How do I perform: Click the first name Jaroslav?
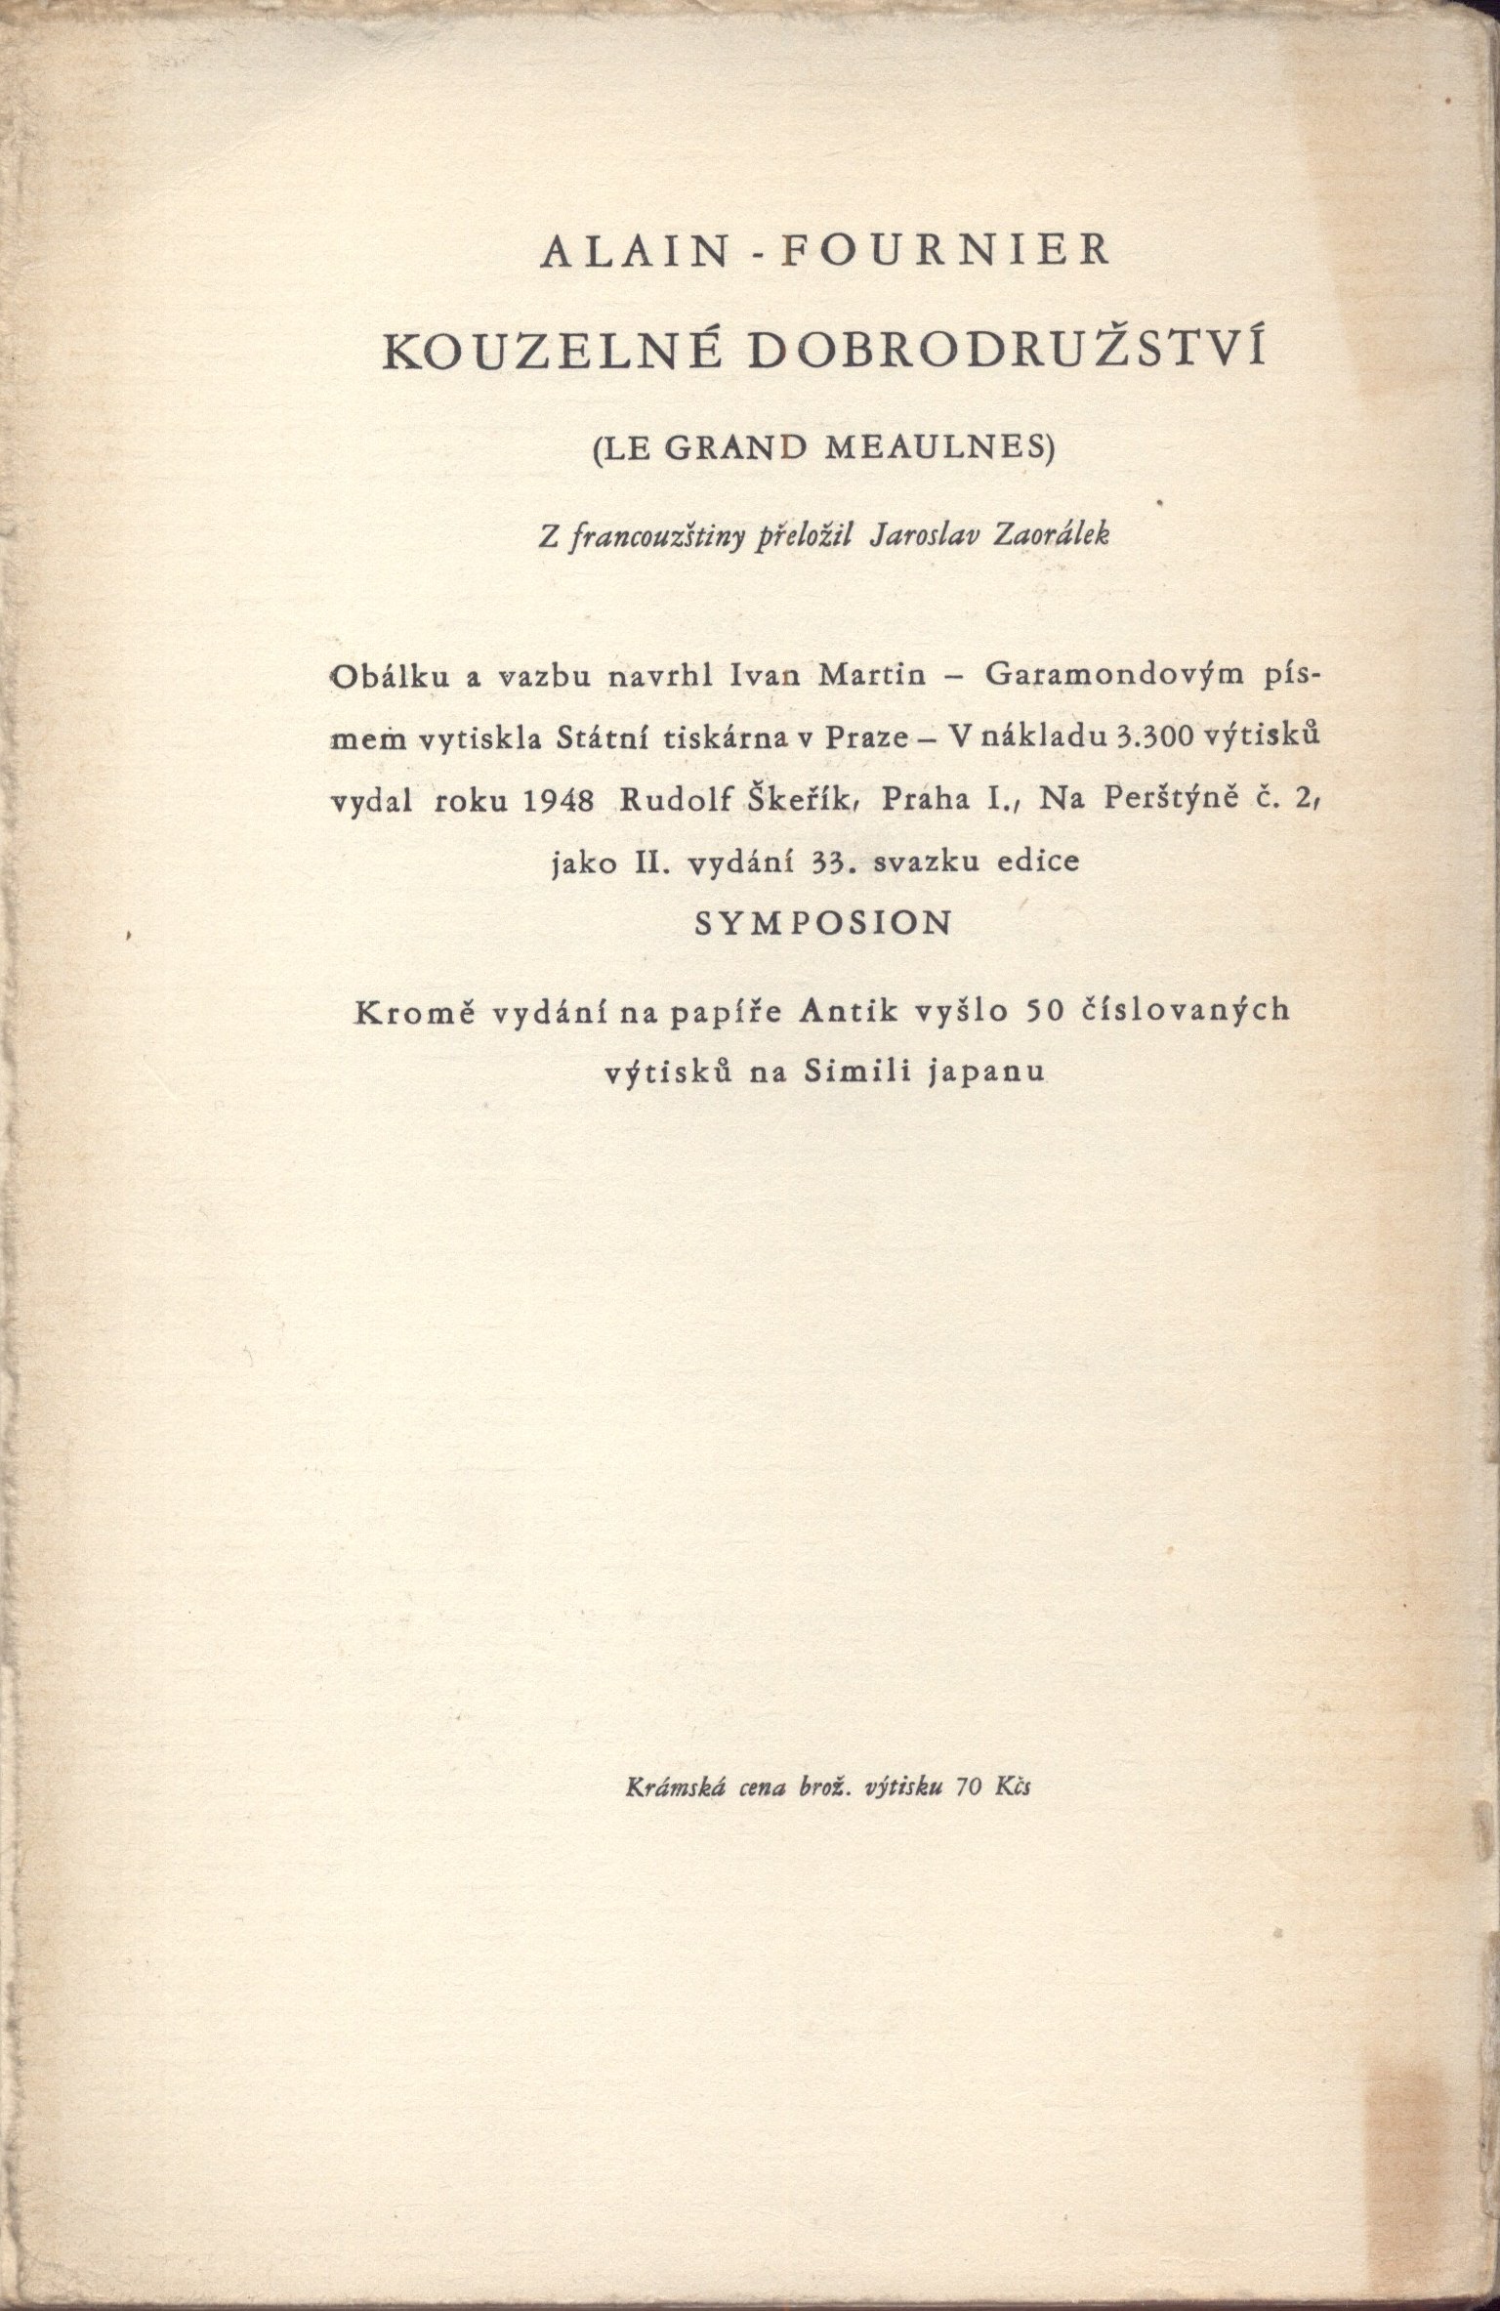[917, 537]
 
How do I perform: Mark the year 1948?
[560, 801]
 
